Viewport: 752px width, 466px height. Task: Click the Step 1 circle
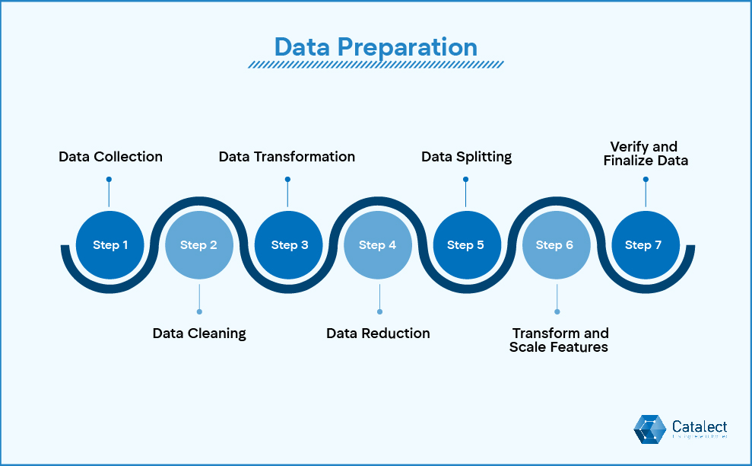pos(110,245)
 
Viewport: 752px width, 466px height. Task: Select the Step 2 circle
pos(199,245)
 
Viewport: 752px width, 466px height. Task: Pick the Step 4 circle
pos(378,245)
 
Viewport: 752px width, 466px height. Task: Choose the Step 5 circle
pos(466,245)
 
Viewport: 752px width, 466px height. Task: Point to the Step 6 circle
pos(555,245)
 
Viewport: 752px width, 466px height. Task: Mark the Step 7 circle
pos(644,245)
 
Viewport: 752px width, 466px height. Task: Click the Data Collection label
pos(111,157)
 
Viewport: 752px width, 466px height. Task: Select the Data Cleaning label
pos(199,334)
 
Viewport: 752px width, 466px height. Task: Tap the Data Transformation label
pos(287,157)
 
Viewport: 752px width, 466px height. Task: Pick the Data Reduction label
pos(378,334)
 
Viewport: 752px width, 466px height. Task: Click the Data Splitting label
pos(466,157)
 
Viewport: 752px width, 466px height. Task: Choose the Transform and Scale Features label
pos(560,340)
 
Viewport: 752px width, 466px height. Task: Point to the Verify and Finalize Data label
pos(645,153)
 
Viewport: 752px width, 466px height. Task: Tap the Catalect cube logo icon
pos(650,429)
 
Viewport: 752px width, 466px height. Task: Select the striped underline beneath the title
pos(376,65)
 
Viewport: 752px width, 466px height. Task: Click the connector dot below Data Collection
pos(109,180)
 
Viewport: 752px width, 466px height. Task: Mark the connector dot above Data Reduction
pos(379,311)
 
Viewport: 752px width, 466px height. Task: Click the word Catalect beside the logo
pos(700,426)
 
